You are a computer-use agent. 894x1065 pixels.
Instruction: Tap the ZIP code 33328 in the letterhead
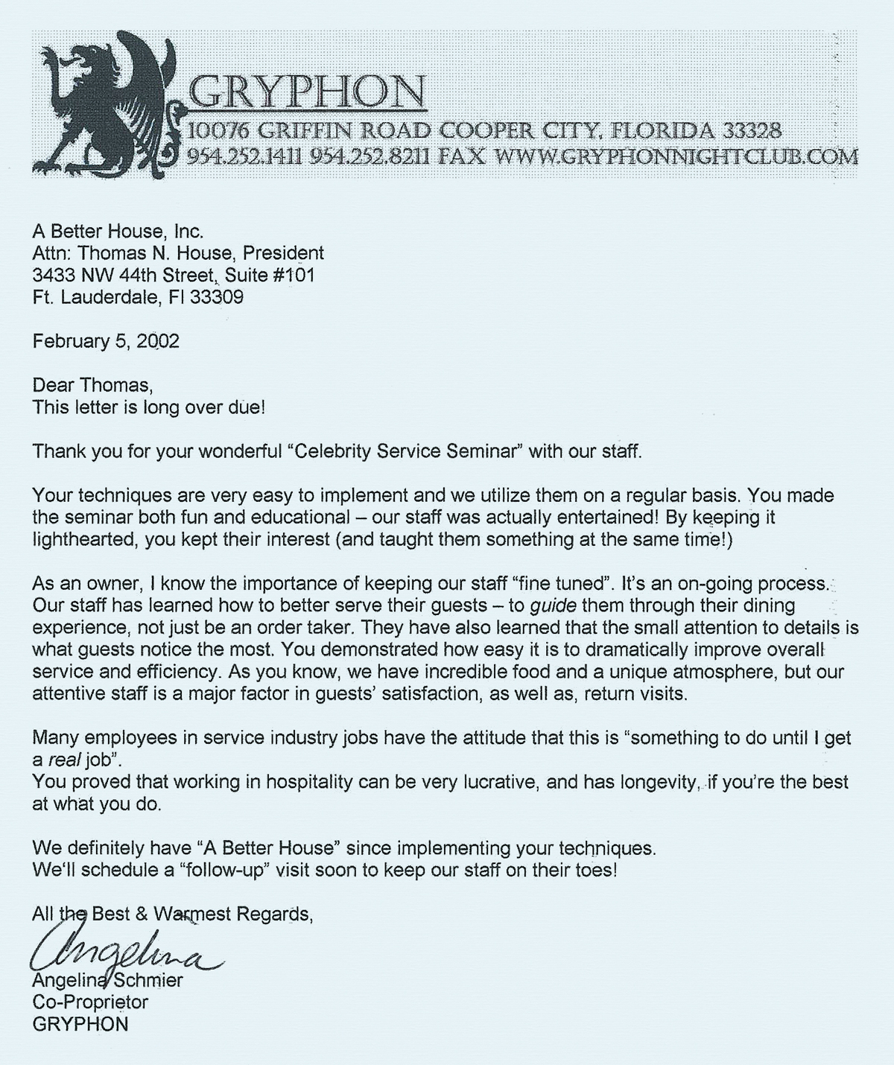click(752, 131)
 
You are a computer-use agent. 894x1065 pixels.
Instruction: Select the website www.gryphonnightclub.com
click(676, 156)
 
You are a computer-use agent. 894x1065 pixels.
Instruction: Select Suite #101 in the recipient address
click(270, 275)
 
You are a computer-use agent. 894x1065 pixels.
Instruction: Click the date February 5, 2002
click(106, 341)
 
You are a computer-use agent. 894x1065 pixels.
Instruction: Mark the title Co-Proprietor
click(90, 1002)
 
